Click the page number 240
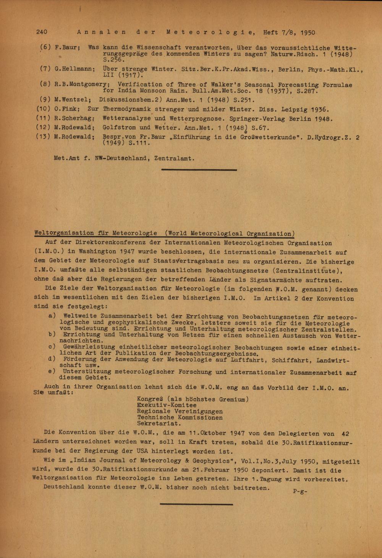pos(42,32)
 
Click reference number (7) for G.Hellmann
pos(45,69)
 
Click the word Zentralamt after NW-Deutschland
pos(175,158)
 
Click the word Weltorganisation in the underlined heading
pos(64,233)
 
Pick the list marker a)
pos(52,316)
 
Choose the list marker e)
pos(52,371)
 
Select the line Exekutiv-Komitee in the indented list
pos(167,405)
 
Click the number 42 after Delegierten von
pos(345,434)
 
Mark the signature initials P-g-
pos(300,491)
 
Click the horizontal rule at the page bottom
pos(196,504)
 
